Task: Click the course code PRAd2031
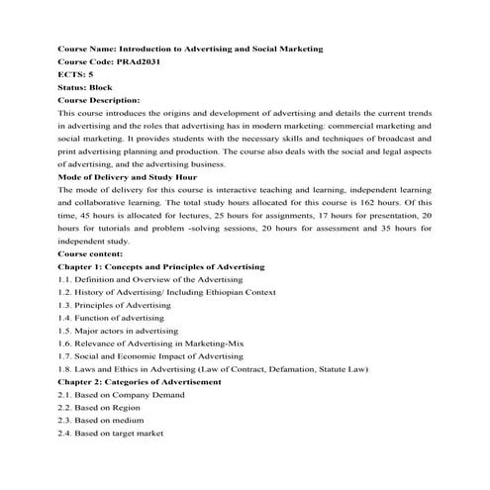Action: (134, 61)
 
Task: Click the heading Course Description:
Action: (99, 100)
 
